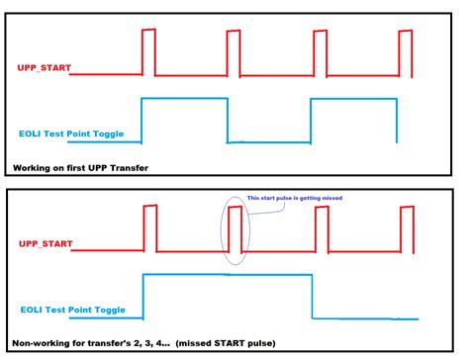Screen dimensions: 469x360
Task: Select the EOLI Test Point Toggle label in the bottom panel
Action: click(72, 310)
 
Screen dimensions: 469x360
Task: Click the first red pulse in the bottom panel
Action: click(149, 226)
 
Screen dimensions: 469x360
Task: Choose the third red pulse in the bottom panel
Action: click(320, 226)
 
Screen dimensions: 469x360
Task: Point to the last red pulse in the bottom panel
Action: click(405, 226)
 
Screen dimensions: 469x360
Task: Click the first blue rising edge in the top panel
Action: click(141, 120)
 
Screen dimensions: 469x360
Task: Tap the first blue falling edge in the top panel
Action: click(228, 120)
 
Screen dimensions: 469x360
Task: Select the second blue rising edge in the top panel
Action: click(312, 120)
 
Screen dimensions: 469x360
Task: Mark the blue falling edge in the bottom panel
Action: click(313, 296)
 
